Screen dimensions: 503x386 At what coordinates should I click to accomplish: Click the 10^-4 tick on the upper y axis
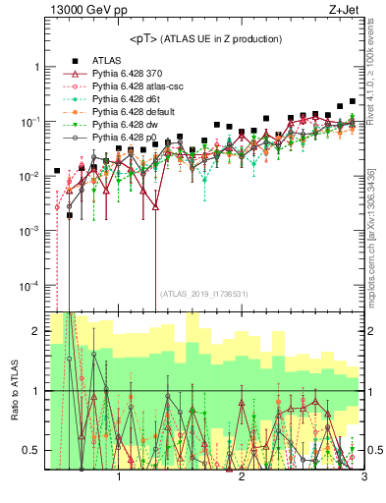click(29, 286)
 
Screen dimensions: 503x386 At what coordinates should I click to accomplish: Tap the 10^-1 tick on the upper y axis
click(29, 122)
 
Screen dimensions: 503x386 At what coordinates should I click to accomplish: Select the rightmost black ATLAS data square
click(354, 101)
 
